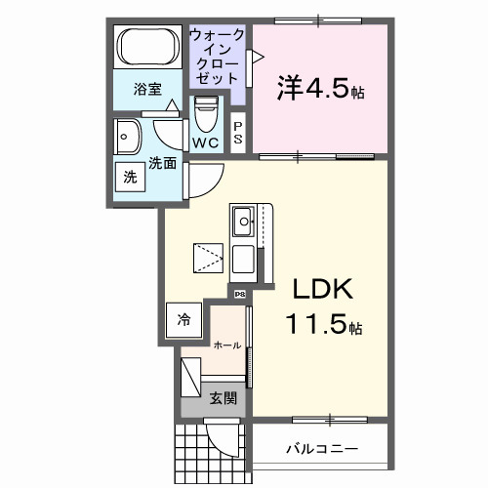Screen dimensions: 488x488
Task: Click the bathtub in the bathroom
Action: point(147,47)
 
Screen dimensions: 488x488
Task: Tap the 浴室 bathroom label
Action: point(147,89)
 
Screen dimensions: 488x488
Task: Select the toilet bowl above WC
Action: point(206,114)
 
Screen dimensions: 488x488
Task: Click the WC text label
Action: point(206,142)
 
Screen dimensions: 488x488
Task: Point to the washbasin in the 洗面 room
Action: point(127,137)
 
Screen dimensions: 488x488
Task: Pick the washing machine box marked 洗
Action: point(130,177)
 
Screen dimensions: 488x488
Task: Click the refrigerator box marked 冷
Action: point(183,320)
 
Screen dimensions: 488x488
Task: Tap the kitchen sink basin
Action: point(243,222)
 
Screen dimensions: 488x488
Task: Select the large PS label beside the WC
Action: point(238,133)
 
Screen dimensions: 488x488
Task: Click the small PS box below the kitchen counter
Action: point(240,295)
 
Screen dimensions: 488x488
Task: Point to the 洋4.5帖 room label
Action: point(320,89)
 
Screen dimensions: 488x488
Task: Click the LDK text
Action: point(323,289)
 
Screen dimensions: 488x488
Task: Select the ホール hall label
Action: point(227,346)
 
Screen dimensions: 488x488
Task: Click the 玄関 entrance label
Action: point(223,398)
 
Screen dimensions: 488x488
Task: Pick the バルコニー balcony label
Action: point(322,449)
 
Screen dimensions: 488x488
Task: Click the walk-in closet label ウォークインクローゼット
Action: point(216,57)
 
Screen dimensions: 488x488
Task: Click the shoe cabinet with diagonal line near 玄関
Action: point(190,378)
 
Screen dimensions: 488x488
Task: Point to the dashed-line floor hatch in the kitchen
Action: point(208,258)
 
